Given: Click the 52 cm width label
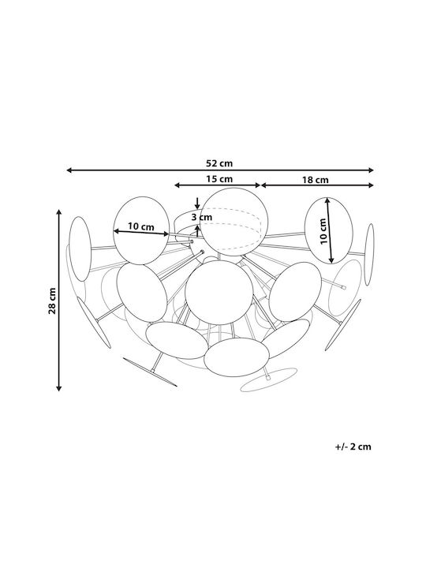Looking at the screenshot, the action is (x=219, y=163).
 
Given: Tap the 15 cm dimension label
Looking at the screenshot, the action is (x=219, y=178).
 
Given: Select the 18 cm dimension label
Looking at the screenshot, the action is (x=315, y=180).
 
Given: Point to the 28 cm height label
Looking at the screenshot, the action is (x=53, y=301).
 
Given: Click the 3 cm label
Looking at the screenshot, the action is (x=202, y=218).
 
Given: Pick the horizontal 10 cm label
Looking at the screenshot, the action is (x=141, y=227).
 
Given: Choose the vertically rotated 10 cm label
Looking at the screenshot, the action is (x=323, y=231).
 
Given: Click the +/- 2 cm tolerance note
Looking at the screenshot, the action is (x=353, y=447).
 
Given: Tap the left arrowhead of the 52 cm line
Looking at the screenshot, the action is (x=69, y=170).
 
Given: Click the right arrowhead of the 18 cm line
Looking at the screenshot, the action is (x=371, y=185).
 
